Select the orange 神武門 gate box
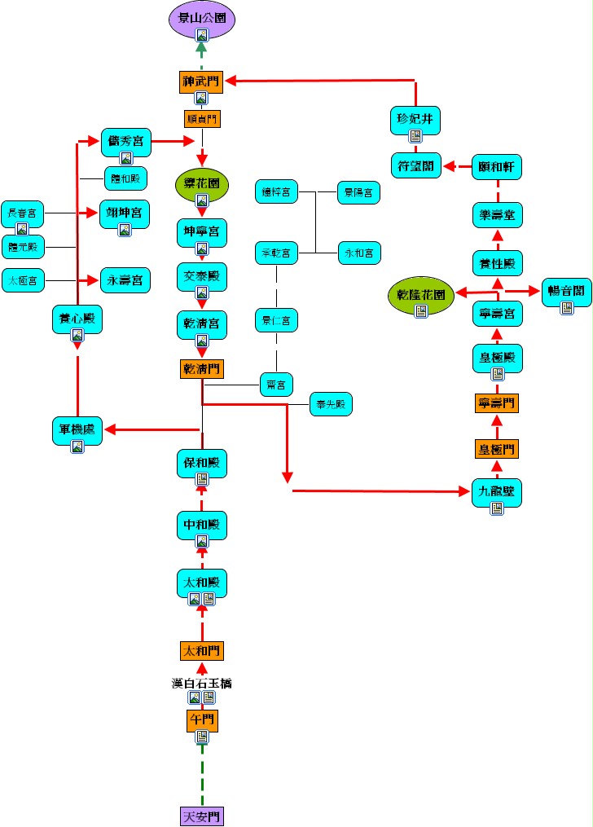(x=201, y=81)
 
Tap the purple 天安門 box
(x=202, y=816)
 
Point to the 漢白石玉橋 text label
(x=202, y=683)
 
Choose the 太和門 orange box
(x=202, y=650)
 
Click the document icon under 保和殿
(x=202, y=480)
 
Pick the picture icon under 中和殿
(x=202, y=541)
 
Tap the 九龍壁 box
(x=496, y=491)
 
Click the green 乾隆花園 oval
(x=419, y=295)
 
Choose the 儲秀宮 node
(x=126, y=141)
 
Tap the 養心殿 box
(x=77, y=319)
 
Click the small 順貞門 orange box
(x=201, y=118)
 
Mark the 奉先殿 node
(x=331, y=404)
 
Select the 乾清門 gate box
(x=201, y=368)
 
